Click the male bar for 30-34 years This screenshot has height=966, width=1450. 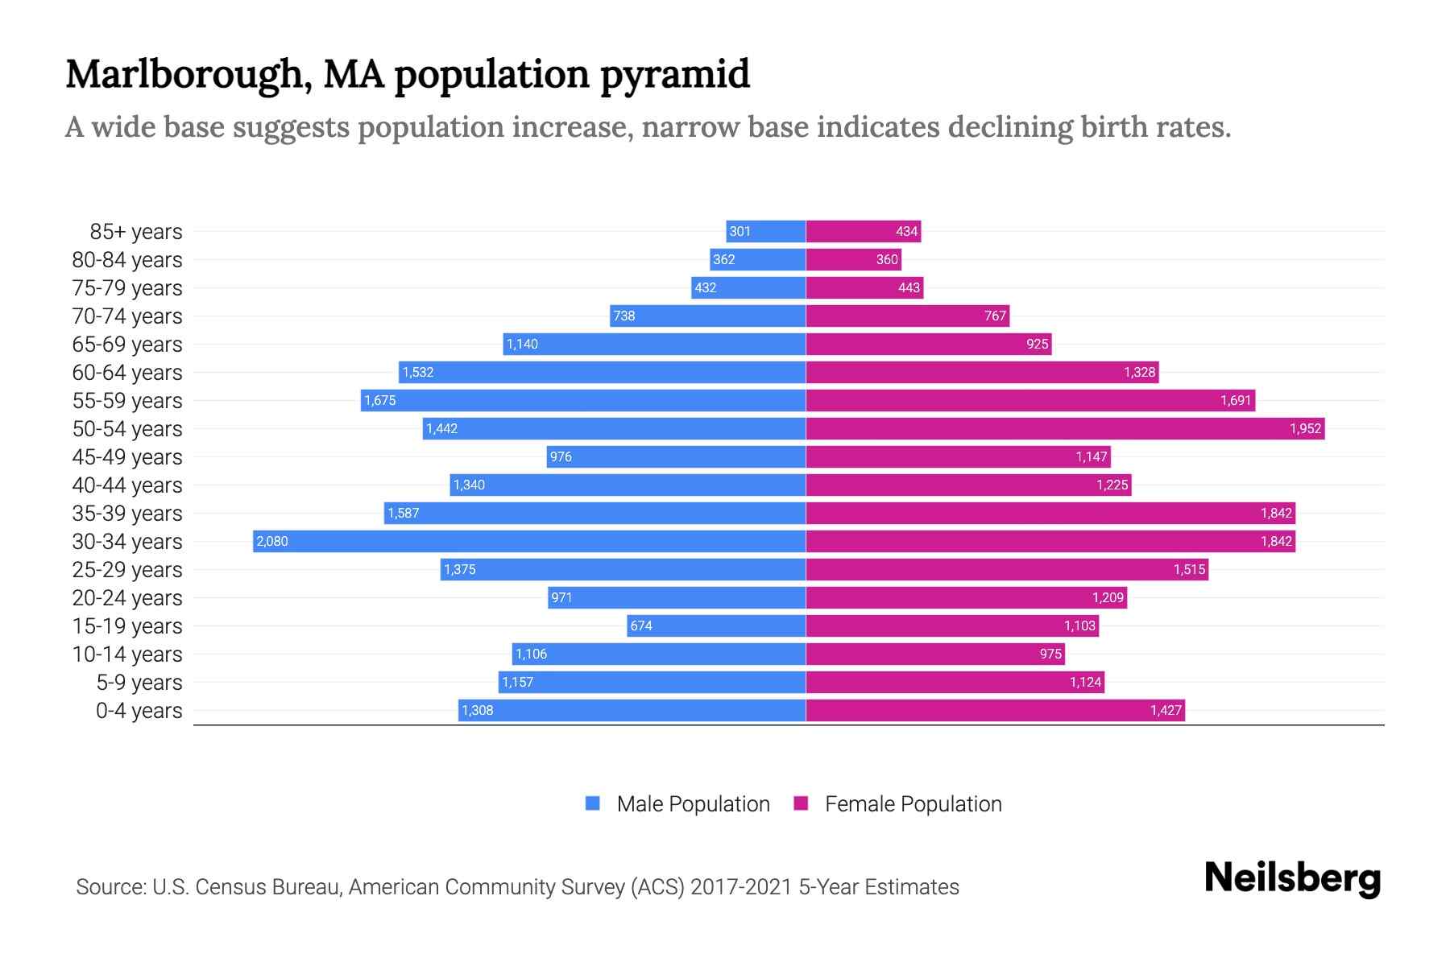click(x=529, y=541)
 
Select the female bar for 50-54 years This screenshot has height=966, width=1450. click(x=1065, y=428)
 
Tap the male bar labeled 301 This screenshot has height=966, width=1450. click(x=765, y=231)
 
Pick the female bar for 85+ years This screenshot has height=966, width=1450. click(x=863, y=231)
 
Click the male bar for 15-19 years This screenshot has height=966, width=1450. click(x=716, y=625)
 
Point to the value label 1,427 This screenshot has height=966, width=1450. click(x=1165, y=710)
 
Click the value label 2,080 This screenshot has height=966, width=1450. click(x=272, y=541)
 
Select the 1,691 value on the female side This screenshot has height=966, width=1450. click(x=1235, y=400)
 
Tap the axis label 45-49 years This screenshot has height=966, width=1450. click(x=127, y=457)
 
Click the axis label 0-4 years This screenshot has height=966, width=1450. click(x=139, y=711)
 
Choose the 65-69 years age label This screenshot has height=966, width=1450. click(x=127, y=345)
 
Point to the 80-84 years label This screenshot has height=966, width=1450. click(x=127, y=260)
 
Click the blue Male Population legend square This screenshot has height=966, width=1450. click(x=593, y=803)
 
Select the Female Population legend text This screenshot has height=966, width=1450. click(x=913, y=803)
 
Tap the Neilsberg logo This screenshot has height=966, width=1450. click(x=1292, y=878)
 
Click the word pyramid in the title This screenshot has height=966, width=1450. click(x=675, y=74)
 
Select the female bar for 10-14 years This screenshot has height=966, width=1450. click(x=935, y=654)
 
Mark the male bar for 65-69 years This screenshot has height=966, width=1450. click(x=654, y=344)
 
